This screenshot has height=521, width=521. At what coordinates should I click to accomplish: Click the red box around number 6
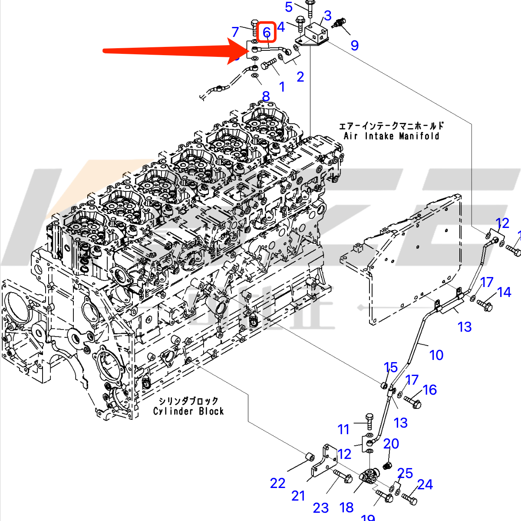pos(266,32)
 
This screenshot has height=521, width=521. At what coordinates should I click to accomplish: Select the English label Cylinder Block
pos(188,411)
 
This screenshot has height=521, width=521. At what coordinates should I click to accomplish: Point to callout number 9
pos(355,45)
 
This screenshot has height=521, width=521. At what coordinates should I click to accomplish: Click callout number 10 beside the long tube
pos(436,355)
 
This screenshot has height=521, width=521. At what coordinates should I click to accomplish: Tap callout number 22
pos(277,483)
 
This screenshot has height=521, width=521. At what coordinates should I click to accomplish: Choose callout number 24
pos(425,485)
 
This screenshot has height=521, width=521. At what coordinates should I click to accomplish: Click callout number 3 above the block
pos(327,16)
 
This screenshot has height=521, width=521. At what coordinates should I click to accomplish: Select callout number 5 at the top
pos(289,7)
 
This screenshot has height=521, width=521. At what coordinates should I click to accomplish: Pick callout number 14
pos(504,293)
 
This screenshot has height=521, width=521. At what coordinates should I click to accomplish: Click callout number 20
pos(391,444)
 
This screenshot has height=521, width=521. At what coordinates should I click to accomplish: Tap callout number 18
pos(346,507)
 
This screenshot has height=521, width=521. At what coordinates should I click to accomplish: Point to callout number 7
pos(235,32)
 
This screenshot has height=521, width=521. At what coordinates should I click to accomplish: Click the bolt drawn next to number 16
pos(412,401)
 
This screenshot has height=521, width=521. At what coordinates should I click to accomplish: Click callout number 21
pos(298,496)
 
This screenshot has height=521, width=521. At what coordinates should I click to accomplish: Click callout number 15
pos(391,368)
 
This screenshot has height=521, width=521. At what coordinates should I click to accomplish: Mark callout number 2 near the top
pos(300,77)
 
